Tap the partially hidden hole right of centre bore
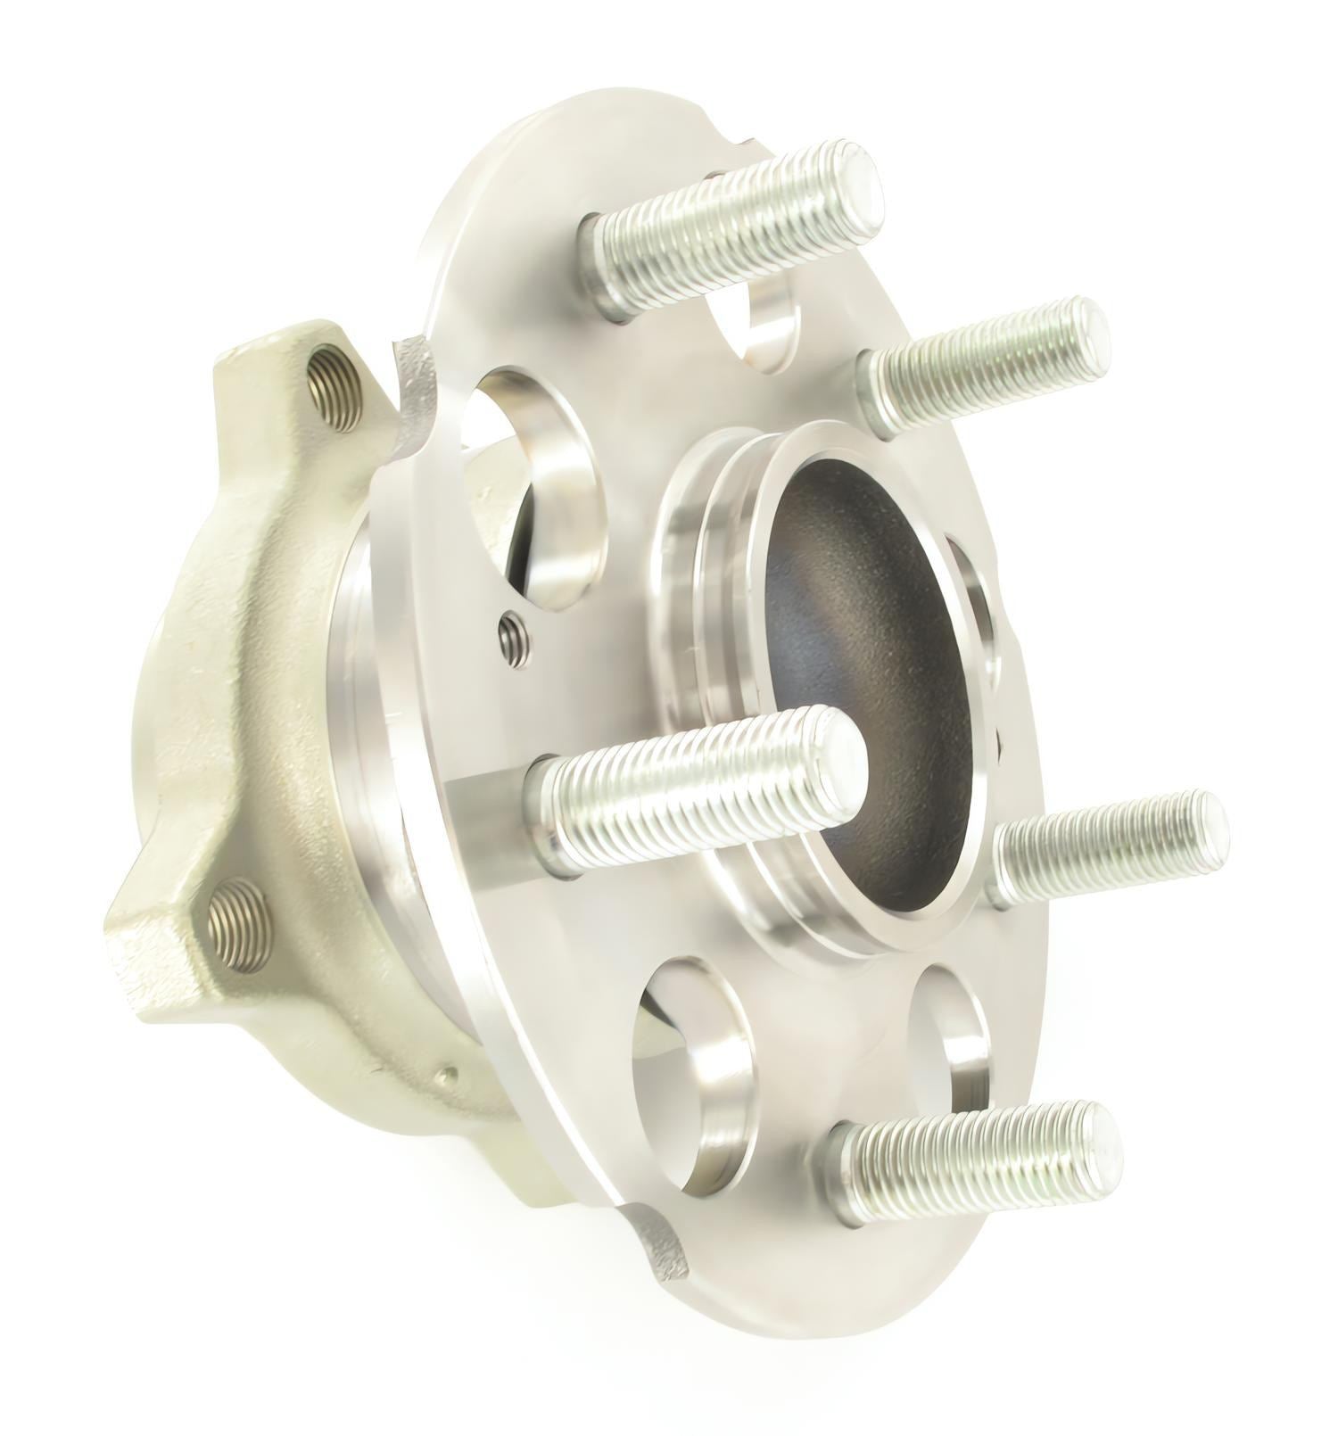pos(981,607)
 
